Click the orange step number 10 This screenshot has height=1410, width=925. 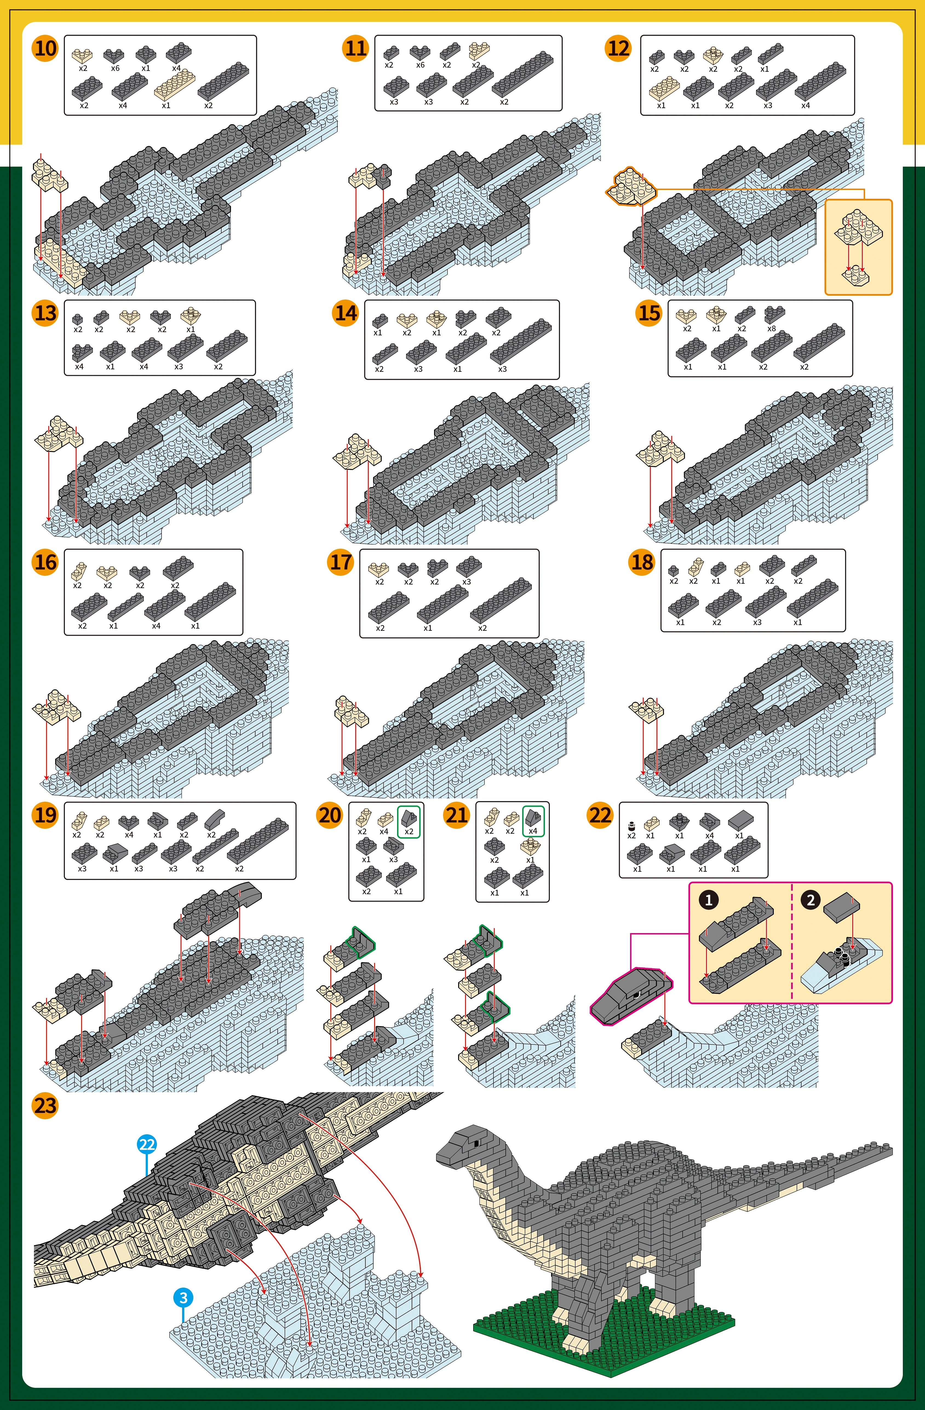(45, 48)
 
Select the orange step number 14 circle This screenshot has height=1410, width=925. (346, 313)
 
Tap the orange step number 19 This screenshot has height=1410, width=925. (45, 815)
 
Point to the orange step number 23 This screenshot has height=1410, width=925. (45, 1106)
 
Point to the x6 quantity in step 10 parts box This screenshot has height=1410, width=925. (115, 68)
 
